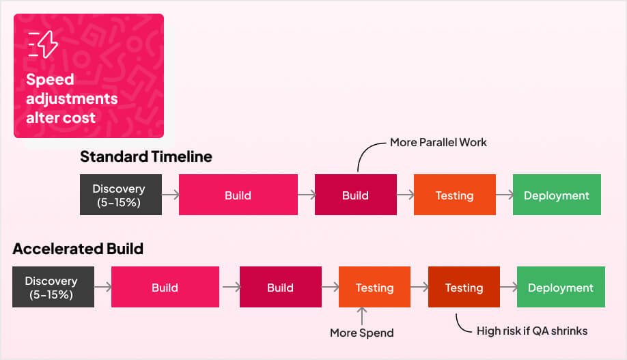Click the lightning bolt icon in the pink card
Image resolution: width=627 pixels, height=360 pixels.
click(x=44, y=44)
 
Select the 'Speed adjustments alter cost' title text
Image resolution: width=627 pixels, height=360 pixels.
click(x=71, y=98)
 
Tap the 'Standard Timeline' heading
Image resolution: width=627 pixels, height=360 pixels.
click(x=145, y=156)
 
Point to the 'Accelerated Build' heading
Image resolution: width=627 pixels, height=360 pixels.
click(x=78, y=249)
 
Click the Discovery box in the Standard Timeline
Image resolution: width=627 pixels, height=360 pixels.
click(x=120, y=195)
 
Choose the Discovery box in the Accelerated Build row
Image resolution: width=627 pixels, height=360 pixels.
click(x=53, y=287)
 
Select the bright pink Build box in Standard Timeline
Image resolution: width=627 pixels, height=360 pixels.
click(x=238, y=195)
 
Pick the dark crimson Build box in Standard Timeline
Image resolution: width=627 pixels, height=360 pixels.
click(x=355, y=195)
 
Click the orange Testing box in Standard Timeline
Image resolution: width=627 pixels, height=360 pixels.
click(x=454, y=195)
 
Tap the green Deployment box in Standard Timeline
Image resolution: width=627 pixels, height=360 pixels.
click(x=556, y=195)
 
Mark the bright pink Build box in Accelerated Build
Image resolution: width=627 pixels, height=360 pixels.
click(x=165, y=287)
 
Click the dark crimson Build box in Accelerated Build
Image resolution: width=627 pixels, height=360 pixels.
click(x=280, y=287)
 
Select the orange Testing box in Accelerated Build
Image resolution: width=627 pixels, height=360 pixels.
click(x=374, y=287)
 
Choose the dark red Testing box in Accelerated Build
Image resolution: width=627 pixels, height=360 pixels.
click(x=464, y=287)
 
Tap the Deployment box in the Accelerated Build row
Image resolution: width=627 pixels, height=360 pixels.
click(x=560, y=287)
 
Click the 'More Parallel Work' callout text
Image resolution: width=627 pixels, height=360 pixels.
click(x=438, y=143)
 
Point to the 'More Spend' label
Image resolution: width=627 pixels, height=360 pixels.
click(x=361, y=333)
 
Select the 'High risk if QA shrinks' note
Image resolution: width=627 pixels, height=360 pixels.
click(x=532, y=331)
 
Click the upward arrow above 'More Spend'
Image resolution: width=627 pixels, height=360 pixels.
click(x=362, y=316)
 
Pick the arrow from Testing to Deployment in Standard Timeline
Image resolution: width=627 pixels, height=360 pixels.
click(x=504, y=195)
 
